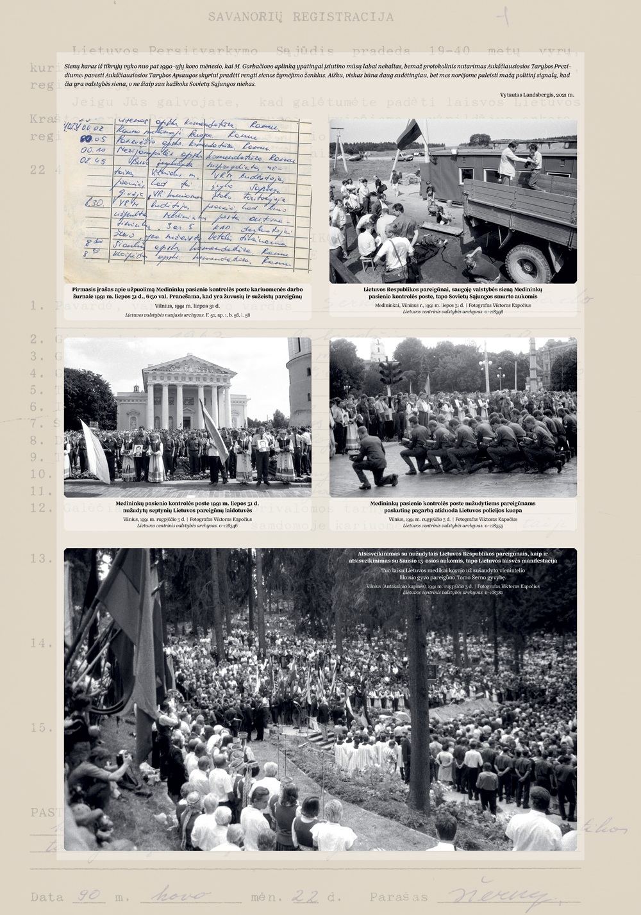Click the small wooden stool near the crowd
[x=367, y=263]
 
